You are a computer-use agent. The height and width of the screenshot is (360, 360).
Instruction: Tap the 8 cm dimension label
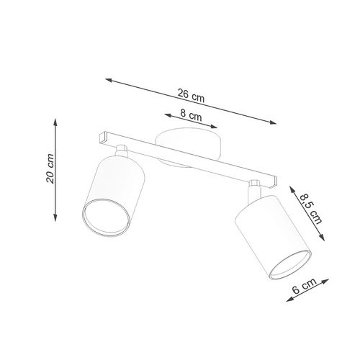(x=190, y=114)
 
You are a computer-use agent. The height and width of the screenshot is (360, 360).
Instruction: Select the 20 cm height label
(x=49, y=168)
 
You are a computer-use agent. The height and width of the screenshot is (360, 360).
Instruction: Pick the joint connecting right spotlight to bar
(x=254, y=189)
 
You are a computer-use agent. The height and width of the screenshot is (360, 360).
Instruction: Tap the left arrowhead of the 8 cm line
(x=166, y=114)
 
